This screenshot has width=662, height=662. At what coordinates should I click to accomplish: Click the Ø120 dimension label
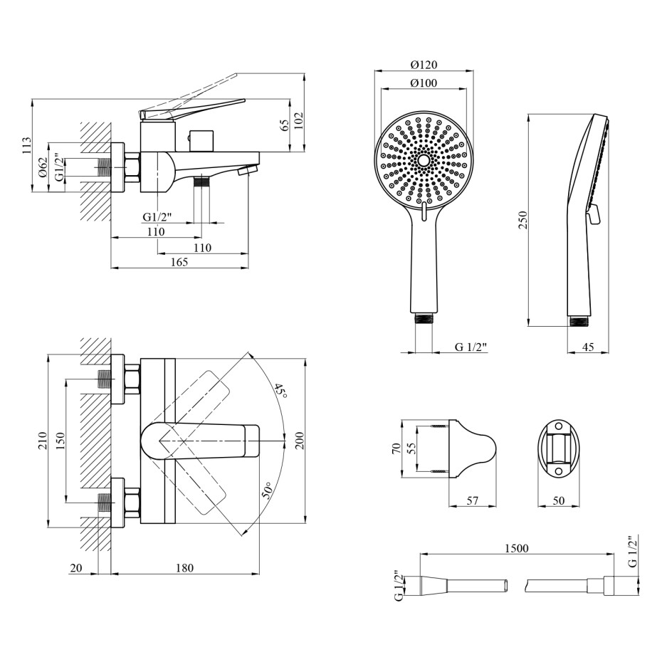pos(424,65)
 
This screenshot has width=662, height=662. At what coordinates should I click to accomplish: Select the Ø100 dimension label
pos(424,83)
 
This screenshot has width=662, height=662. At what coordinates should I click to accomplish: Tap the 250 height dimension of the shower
pos(523,220)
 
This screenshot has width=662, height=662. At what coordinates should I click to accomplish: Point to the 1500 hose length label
pos(517,548)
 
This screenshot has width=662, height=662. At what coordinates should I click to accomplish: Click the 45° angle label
pos(280,392)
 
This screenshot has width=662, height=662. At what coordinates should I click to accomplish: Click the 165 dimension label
pos(179,262)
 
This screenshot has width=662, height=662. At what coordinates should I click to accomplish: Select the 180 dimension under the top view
pos(184,568)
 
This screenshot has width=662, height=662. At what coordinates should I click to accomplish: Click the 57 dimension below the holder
pos(473,500)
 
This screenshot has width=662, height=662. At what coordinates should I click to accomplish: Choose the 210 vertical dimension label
pos(42,441)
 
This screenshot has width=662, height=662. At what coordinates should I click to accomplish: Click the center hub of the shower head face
pos(424,160)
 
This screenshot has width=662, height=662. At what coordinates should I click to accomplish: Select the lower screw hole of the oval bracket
pos(558,471)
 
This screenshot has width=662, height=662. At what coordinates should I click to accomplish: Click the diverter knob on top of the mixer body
pos(201,140)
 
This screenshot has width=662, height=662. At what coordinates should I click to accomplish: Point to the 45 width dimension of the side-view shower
pos(588,347)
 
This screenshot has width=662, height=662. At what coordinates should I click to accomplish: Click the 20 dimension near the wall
pos(76,568)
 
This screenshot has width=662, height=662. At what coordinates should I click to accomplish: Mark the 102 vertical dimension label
pos(298,121)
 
